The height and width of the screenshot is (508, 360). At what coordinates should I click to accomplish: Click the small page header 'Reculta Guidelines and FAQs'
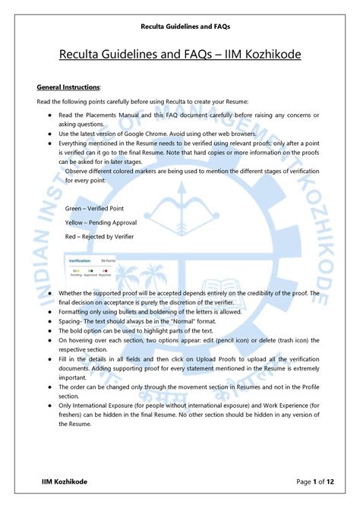pyautogui.click(x=180, y=27)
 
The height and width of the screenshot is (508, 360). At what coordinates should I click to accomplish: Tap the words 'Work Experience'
pyautogui.click(x=250, y=406)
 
